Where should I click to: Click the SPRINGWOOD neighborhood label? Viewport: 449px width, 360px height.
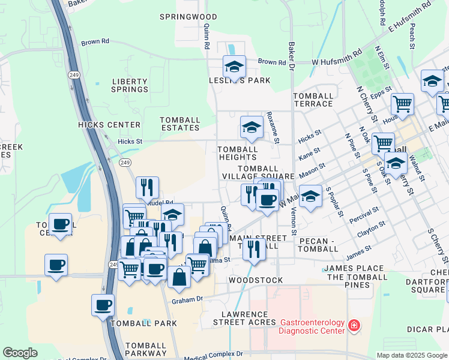click(188, 17)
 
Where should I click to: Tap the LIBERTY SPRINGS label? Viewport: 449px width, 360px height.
click(130, 85)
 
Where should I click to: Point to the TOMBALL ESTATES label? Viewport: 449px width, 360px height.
click(180, 124)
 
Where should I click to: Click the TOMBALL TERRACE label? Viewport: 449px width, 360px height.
click(313, 100)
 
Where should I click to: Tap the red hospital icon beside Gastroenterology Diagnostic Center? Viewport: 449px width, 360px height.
click(355, 326)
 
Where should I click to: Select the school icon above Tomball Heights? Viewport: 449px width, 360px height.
click(252, 127)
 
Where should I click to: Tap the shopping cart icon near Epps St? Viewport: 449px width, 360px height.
click(402, 104)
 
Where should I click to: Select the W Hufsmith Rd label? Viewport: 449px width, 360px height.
click(337, 54)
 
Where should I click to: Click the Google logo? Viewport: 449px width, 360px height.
click(20, 353)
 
